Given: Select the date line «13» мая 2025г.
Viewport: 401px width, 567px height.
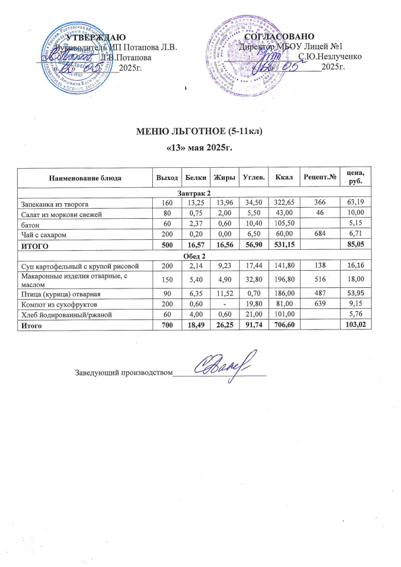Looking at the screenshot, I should (199, 148).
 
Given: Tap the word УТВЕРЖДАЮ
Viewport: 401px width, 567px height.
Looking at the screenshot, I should (91, 37).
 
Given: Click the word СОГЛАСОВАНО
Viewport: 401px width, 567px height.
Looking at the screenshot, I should (279, 37).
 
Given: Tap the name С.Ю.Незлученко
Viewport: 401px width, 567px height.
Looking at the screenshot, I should (330, 56).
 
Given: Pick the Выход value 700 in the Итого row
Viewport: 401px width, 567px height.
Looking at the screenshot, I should (167, 327).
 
